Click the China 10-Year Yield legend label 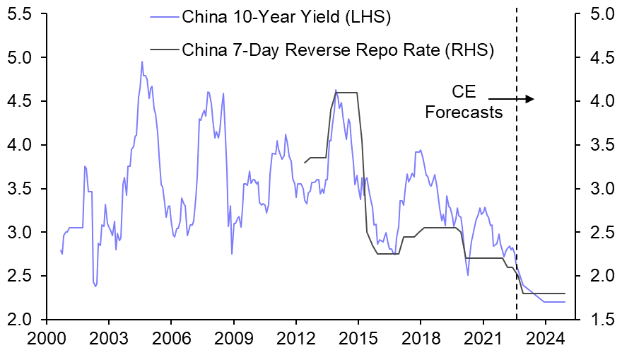[286, 16]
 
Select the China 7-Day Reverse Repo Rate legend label [337, 50]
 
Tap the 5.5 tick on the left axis [21, 13]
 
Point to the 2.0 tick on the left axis [21, 320]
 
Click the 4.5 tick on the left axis [21, 101]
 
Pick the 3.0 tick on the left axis [21, 232]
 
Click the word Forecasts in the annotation [464, 112]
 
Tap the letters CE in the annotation [464, 92]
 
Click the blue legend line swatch [164, 16]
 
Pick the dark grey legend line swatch [164, 50]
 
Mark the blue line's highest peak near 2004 [142, 62]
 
